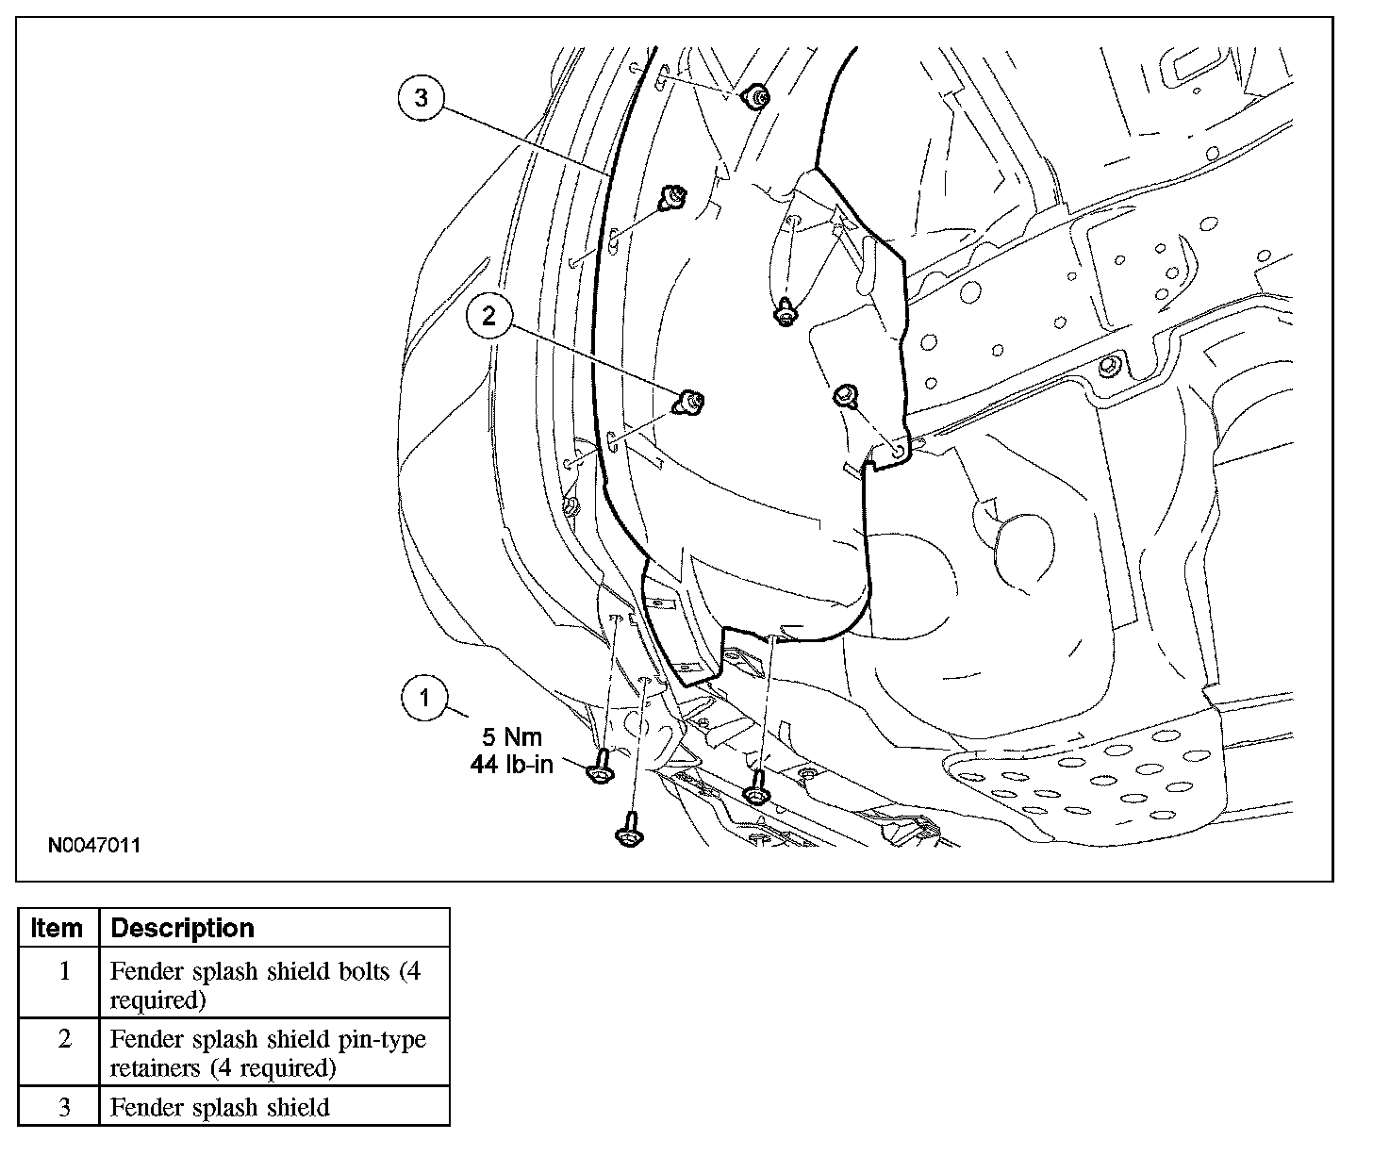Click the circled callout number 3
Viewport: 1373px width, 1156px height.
421,97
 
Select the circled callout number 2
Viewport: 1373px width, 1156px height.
488,316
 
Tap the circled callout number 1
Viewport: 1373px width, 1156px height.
425,698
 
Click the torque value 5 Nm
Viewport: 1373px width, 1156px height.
513,736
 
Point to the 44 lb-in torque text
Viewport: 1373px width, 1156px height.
512,764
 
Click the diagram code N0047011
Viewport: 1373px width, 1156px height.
94,845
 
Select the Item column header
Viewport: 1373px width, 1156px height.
57,928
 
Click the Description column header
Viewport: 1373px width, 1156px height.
183,928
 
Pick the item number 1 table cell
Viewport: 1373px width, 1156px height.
64,971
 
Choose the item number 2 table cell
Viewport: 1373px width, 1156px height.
64,1039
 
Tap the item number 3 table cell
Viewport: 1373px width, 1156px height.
64,1107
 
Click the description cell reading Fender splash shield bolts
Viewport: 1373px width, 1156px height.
265,984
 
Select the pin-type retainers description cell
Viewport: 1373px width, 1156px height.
268,1053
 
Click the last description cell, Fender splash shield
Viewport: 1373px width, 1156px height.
220,1107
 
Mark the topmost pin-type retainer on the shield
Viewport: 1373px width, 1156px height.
754,95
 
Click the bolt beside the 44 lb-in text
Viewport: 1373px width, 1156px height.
597,771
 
